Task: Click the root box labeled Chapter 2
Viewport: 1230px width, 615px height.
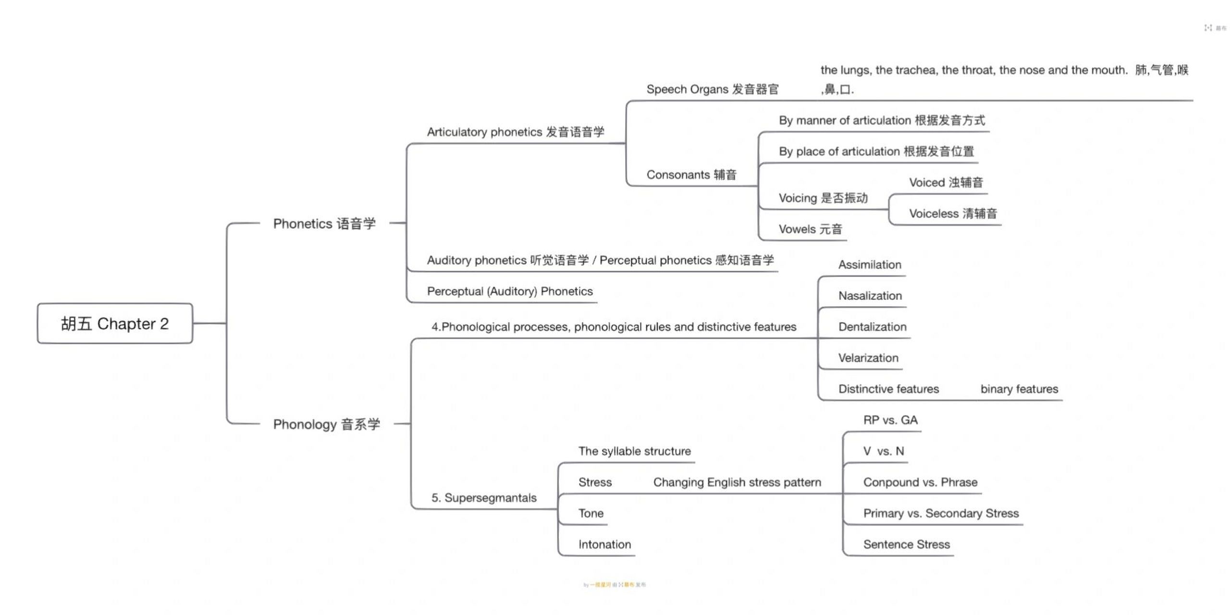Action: click(115, 323)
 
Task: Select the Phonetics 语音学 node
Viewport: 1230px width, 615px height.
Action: click(324, 223)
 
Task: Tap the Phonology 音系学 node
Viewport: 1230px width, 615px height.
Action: click(326, 424)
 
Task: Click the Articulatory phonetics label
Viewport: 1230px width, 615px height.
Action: click(515, 132)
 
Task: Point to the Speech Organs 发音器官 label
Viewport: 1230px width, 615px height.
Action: click(712, 89)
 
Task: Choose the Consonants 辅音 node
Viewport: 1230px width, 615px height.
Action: click(691, 174)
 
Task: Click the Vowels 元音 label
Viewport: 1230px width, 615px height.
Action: click(810, 229)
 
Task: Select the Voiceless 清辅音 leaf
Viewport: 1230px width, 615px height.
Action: click(953, 213)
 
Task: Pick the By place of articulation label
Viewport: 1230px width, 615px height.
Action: click(876, 151)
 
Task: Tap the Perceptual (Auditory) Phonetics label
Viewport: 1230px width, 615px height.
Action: click(510, 291)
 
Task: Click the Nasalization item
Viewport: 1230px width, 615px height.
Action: click(870, 295)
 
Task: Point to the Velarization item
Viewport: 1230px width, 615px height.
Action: click(868, 357)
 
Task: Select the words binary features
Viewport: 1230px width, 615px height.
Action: click(1019, 389)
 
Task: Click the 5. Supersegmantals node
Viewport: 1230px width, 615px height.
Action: click(484, 497)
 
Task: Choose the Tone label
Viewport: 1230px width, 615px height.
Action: click(590, 513)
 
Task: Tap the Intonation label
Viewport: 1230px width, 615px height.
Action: click(604, 544)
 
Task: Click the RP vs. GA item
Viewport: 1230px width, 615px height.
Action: click(890, 420)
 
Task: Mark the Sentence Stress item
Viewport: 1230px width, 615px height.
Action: click(906, 544)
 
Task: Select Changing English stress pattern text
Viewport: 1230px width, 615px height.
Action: click(737, 482)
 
